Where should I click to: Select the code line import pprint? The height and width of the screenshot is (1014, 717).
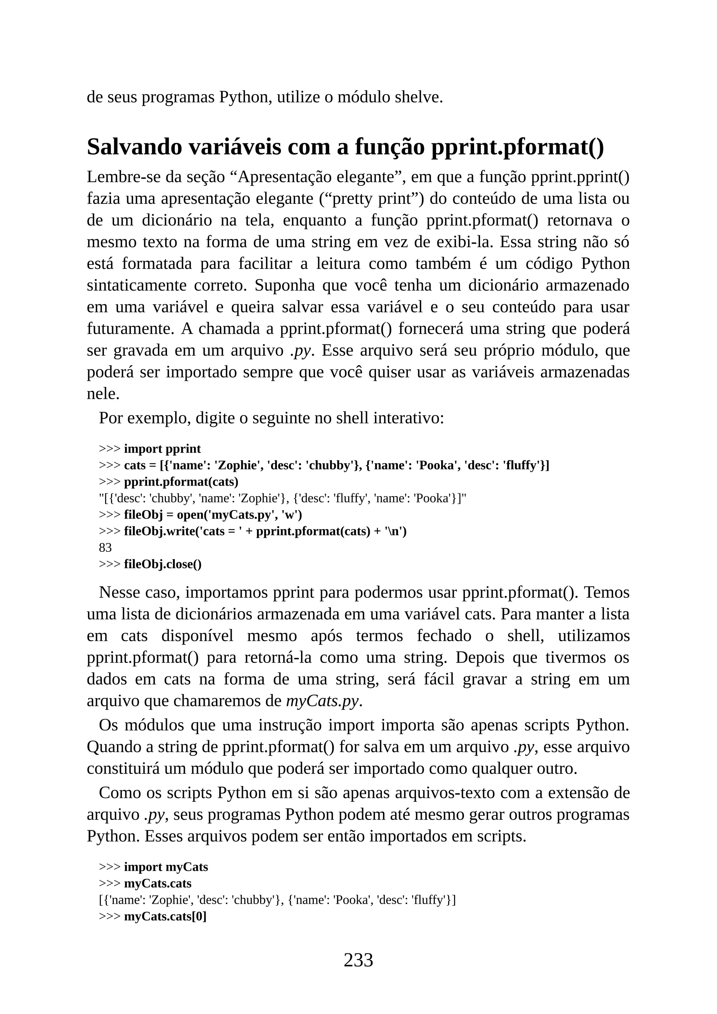click(162, 449)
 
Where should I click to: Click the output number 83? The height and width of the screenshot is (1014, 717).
click(105, 548)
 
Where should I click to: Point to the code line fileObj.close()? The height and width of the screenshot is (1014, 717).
click(162, 564)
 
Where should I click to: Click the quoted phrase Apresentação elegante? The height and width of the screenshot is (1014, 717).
click(316, 177)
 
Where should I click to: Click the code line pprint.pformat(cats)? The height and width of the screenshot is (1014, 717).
click(181, 481)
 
